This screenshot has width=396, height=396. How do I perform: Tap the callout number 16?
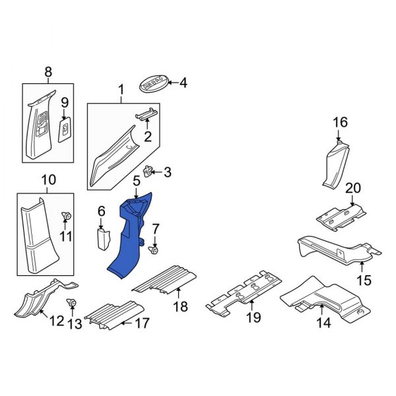(339, 122)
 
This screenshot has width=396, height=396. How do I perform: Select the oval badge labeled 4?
(154, 84)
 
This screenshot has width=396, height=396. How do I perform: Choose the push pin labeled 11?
(67, 216)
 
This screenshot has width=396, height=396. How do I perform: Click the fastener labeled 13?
(72, 303)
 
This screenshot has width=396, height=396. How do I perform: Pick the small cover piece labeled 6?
(102, 239)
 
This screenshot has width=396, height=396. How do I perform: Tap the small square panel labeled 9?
(65, 130)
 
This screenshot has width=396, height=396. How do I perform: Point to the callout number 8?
(48, 72)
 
